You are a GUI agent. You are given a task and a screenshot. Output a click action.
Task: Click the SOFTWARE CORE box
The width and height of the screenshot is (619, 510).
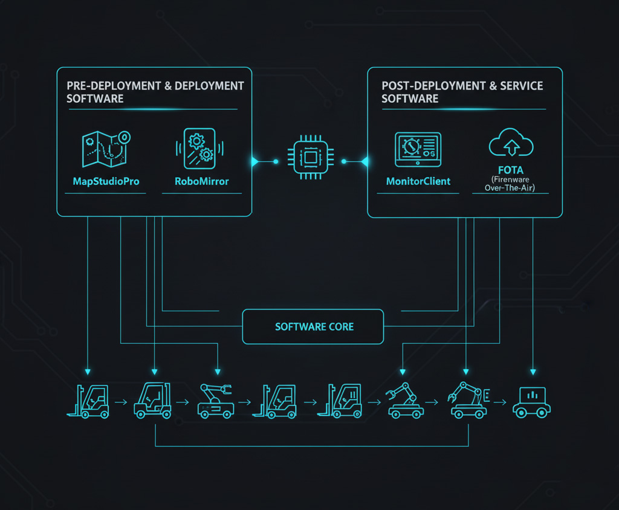pyautogui.click(x=313, y=326)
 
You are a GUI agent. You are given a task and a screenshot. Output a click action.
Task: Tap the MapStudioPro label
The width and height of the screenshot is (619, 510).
pyautogui.click(x=106, y=181)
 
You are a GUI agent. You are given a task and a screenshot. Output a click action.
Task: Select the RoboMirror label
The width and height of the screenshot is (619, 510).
pyautogui.click(x=202, y=181)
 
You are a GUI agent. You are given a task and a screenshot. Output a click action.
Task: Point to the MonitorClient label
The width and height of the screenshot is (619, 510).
pyautogui.click(x=418, y=181)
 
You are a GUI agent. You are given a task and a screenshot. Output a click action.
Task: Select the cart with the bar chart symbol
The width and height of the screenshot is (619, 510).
pyautogui.click(x=531, y=401)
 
